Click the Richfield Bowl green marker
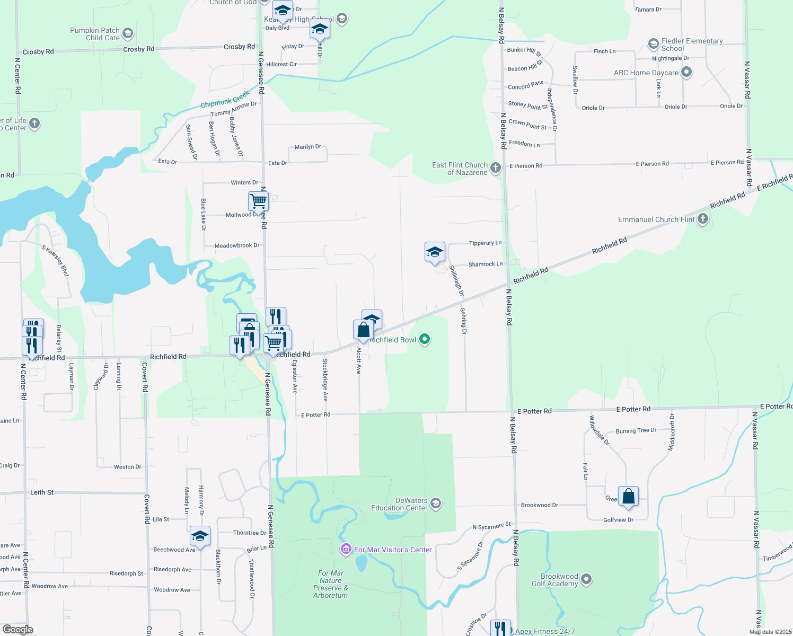pyautogui.click(x=425, y=339)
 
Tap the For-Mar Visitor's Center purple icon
pyautogui.click(x=346, y=549)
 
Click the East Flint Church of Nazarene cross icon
pyautogui.click(x=496, y=168)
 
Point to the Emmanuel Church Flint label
pyautogui.click(x=656, y=219)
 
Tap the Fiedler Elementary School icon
pyautogui.click(x=654, y=43)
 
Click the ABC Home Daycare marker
pyautogui.click(x=686, y=72)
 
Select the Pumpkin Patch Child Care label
pyautogui.click(x=95, y=34)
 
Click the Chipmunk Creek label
pyautogui.click(x=225, y=100)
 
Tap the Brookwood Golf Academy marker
pyautogui.click(x=586, y=579)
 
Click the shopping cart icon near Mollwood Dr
pyautogui.click(x=258, y=201)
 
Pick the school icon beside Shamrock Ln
pyautogui.click(x=435, y=252)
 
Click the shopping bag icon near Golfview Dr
pyautogui.click(x=628, y=497)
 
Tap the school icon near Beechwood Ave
pyautogui.click(x=200, y=536)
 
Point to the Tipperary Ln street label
pyautogui.click(x=485, y=243)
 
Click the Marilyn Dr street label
pyautogui.click(x=308, y=147)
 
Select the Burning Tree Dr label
pyautogui.click(x=636, y=431)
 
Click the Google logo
pyautogui.click(x=18, y=629)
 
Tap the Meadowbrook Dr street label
pyautogui.click(x=237, y=246)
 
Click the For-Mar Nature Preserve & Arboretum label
pyautogui.click(x=331, y=584)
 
